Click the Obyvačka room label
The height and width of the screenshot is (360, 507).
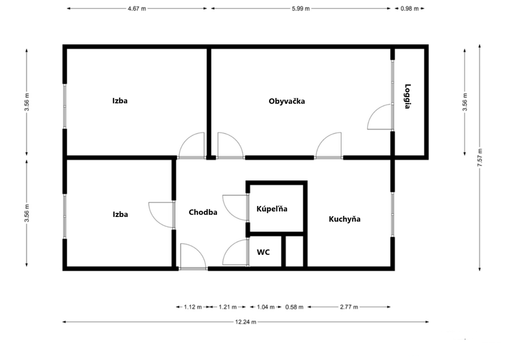(x=287, y=101)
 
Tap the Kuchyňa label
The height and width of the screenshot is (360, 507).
(x=345, y=219)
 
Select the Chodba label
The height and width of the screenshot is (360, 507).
(x=203, y=212)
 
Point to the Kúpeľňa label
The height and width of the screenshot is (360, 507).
(x=272, y=209)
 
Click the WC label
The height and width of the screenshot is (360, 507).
(x=263, y=252)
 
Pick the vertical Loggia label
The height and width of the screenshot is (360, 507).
(x=408, y=97)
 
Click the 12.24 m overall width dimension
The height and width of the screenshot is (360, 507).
(x=246, y=322)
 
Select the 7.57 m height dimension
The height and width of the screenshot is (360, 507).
(x=480, y=157)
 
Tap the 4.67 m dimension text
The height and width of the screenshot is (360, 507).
(x=137, y=9)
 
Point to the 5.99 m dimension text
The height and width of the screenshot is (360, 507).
(x=301, y=9)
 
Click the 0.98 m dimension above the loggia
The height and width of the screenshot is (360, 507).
(x=410, y=9)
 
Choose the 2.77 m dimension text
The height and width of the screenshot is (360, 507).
(x=349, y=307)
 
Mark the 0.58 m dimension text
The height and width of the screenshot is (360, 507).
(x=294, y=307)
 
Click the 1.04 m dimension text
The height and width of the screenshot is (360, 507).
(x=265, y=307)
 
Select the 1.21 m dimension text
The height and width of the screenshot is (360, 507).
(x=228, y=307)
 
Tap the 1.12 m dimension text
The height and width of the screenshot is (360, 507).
(x=193, y=307)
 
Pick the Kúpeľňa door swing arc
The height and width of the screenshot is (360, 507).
(x=230, y=214)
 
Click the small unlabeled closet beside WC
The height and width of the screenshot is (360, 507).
(x=295, y=251)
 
